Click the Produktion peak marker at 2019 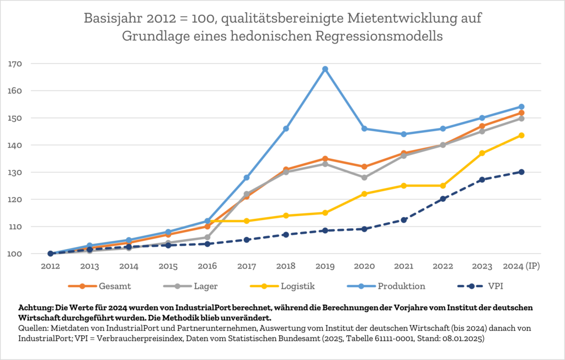325,69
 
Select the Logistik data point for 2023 482,153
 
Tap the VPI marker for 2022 443,199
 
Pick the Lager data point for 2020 364,178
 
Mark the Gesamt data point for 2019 325,159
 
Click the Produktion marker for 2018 286,128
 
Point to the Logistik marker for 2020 364,194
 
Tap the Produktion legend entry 387,286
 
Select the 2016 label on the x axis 207,266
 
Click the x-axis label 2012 51,266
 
